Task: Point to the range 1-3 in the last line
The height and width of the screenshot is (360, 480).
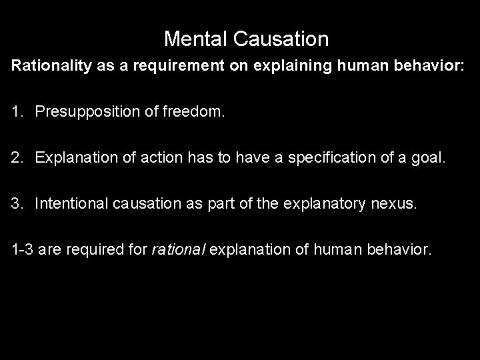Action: (21, 250)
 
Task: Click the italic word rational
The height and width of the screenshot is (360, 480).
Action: (175, 250)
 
